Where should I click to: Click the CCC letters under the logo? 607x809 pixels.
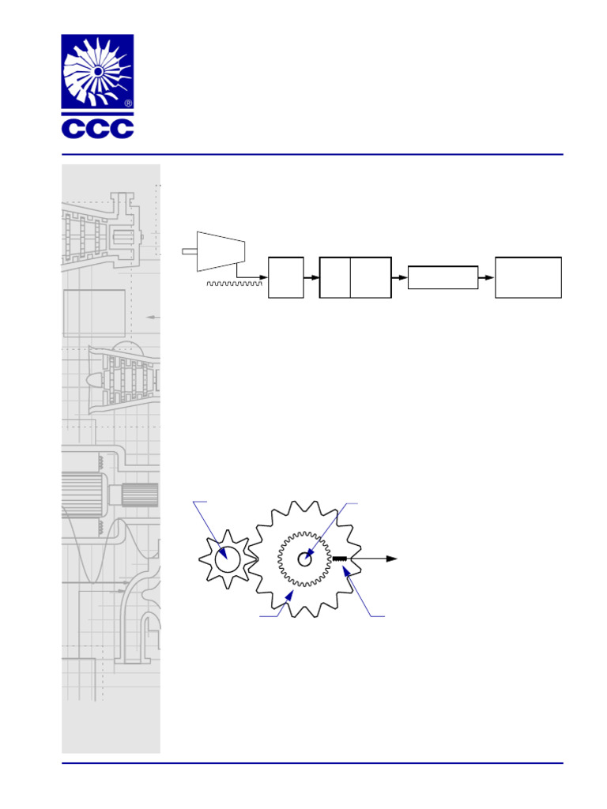(x=97, y=128)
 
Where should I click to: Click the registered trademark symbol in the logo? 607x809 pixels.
(x=128, y=103)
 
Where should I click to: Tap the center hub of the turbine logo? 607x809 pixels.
(x=98, y=71)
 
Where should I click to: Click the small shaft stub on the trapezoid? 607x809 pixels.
(x=189, y=251)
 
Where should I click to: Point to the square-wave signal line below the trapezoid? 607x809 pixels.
(x=234, y=283)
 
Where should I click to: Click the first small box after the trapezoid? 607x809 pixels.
(x=285, y=277)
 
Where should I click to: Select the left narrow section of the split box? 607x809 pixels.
(x=334, y=277)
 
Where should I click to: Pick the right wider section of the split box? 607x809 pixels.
(x=370, y=277)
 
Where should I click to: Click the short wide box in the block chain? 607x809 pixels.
(x=443, y=277)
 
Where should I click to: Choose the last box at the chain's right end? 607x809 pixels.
(x=528, y=277)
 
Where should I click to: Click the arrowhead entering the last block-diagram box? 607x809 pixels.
(x=490, y=277)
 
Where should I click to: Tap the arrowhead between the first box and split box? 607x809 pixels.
(x=315, y=277)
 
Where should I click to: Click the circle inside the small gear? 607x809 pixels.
(x=227, y=559)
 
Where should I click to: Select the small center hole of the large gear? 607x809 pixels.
(x=304, y=559)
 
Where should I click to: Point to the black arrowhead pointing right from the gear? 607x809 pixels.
(x=390, y=559)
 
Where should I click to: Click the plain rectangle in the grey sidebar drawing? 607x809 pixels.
(x=94, y=314)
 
